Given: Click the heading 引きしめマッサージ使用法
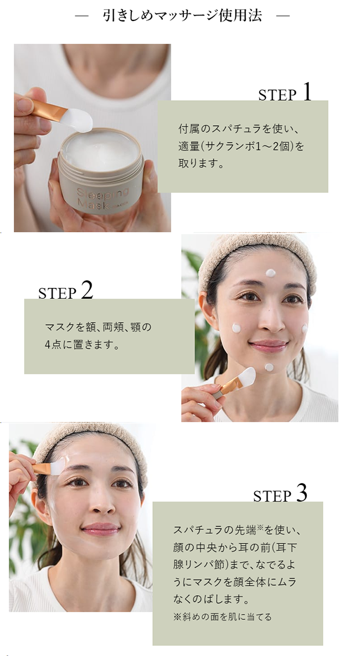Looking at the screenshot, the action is click(183, 16).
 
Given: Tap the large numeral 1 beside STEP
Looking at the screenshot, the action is click(307, 92).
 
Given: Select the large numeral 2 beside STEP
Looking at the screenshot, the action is click(87, 290).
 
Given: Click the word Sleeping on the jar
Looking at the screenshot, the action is click(102, 194).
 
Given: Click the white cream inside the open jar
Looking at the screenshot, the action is click(101, 151).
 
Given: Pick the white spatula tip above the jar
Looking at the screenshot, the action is click(79, 119).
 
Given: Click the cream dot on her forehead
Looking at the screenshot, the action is click(270, 273).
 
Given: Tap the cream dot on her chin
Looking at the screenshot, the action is click(269, 368).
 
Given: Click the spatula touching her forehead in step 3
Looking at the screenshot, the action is click(49, 467).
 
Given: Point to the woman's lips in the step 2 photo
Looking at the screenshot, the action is click(269, 345).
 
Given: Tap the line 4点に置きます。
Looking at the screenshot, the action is click(83, 345).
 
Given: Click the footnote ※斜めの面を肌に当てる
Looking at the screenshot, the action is click(222, 617).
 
